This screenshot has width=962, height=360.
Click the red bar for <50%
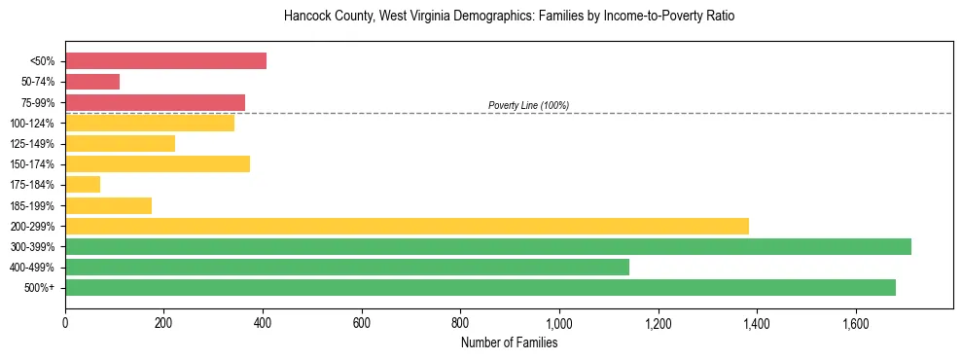165,61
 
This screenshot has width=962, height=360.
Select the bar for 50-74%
92,82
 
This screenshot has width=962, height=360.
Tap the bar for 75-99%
155,102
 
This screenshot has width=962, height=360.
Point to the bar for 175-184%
83,185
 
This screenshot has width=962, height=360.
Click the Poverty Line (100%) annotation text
528,105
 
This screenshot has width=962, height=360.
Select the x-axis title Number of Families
509,342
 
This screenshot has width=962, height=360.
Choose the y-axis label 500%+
41,287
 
